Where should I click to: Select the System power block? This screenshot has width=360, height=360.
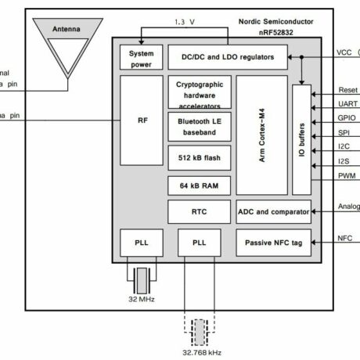point(142,56)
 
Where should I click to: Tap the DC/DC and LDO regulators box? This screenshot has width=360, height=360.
point(227,56)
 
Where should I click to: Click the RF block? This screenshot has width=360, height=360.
point(142,120)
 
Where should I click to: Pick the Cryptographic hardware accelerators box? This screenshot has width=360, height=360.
point(199,92)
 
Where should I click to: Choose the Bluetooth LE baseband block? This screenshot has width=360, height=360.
point(199,128)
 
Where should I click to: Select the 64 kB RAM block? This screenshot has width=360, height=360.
point(199,185)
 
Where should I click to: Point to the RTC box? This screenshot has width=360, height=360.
point(199,211)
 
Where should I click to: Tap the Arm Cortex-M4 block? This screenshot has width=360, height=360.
point(261,135)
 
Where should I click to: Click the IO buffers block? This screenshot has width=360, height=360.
point(301,138)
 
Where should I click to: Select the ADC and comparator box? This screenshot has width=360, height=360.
point(273,211)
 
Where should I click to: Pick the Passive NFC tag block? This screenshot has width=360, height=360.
point(273,243)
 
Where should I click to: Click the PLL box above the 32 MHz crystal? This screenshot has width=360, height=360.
point(142,243)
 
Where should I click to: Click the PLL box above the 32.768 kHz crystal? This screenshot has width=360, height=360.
point(199,243)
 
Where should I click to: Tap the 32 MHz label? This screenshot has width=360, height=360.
point(142,300)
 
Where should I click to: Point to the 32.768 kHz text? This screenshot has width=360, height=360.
point(202,351)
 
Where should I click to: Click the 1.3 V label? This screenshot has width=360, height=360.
point(184,23)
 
